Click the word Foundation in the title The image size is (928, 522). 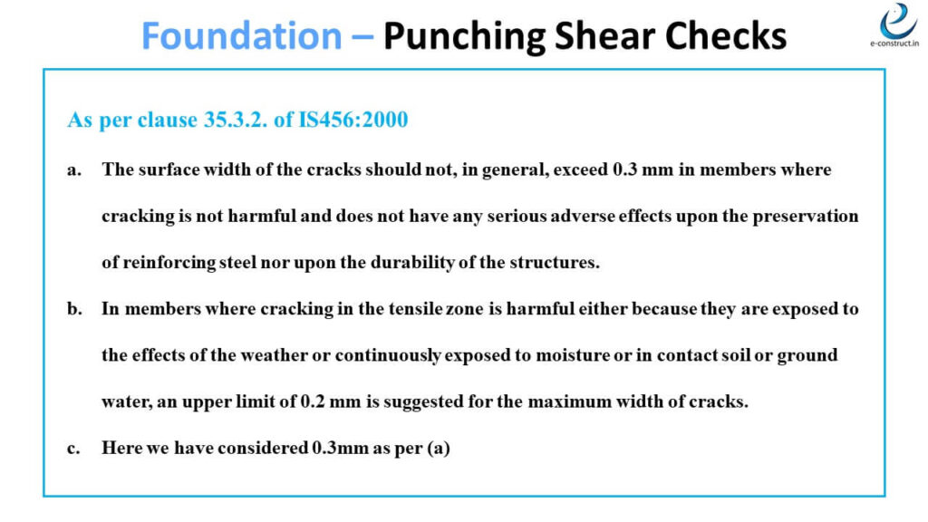242,35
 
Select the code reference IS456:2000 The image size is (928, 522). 353,120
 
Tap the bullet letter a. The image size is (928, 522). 72,169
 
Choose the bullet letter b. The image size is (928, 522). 73,309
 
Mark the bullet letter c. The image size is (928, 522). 72,448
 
